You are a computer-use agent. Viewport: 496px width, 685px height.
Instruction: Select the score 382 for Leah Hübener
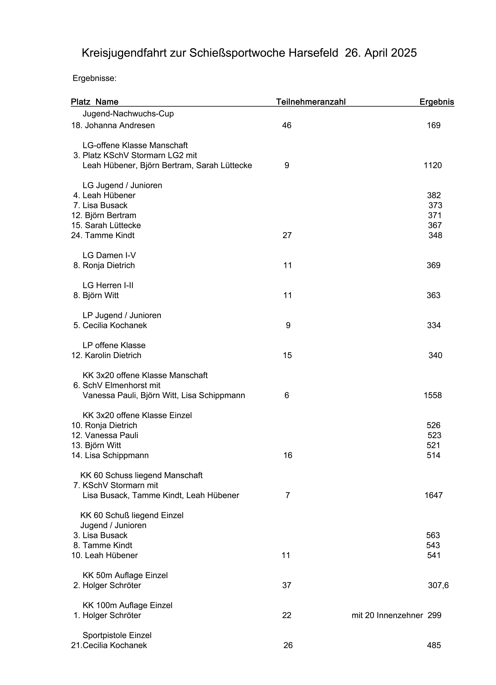434,195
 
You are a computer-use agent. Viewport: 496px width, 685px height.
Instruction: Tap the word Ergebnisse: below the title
95,78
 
